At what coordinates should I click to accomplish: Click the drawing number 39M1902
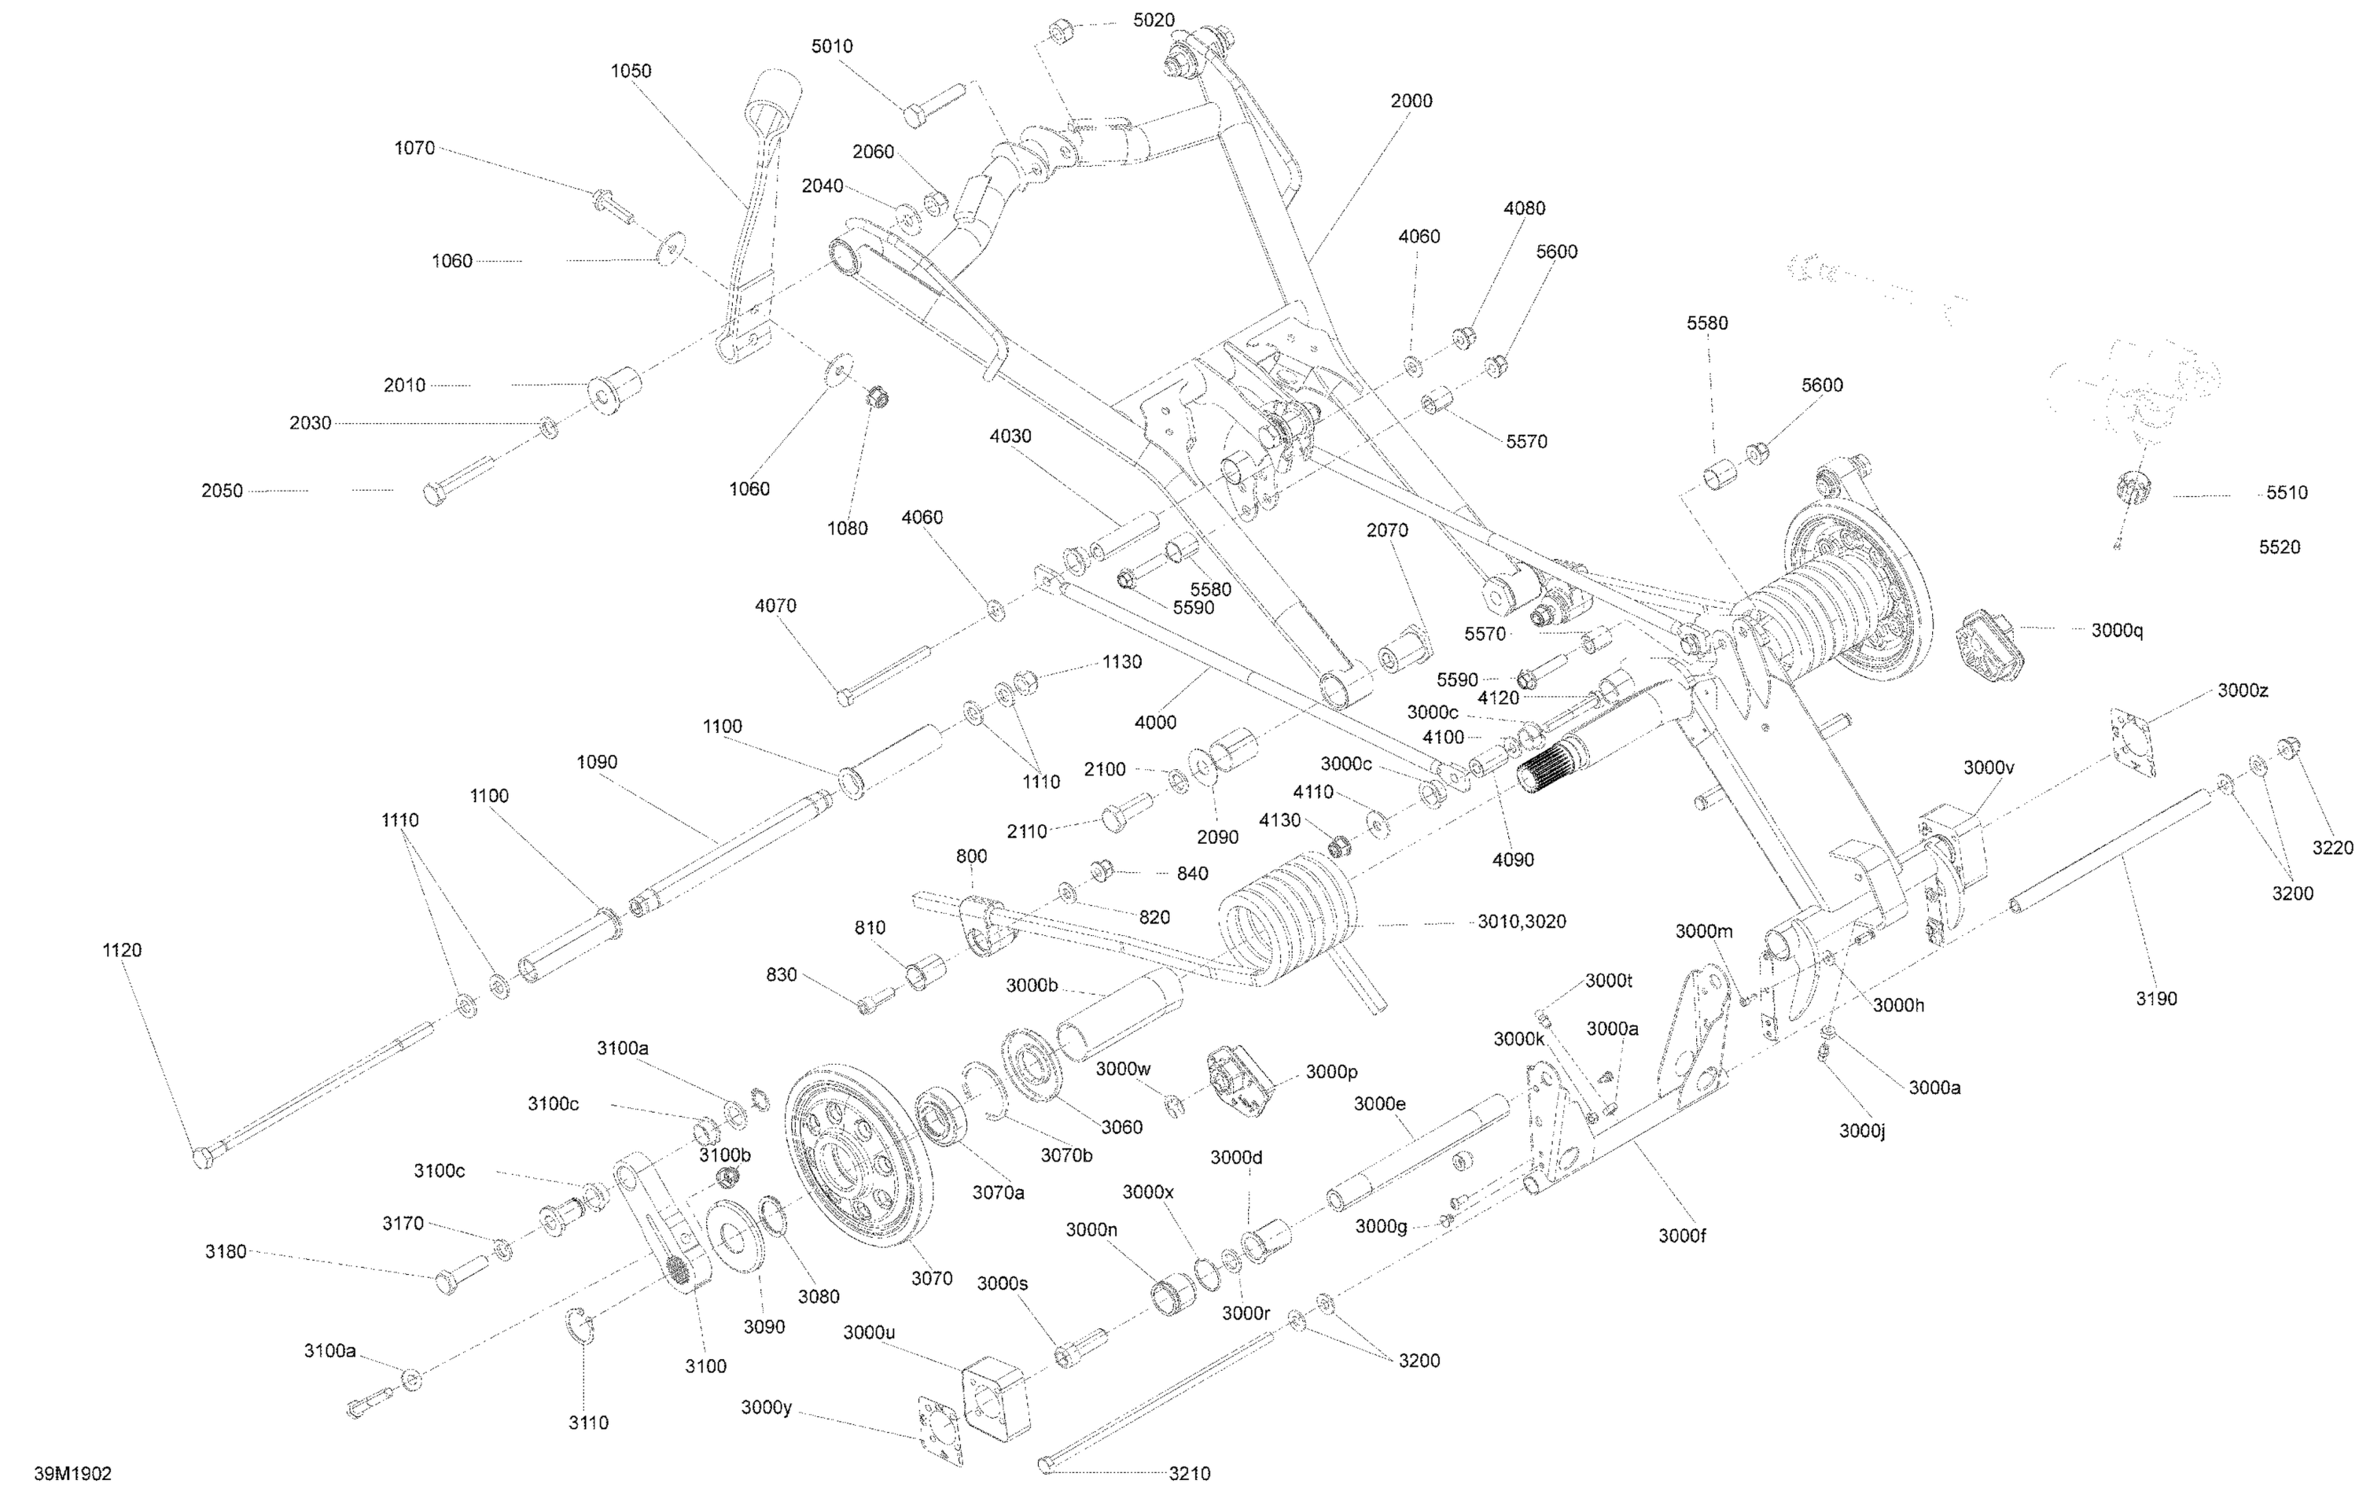click(72, 1474)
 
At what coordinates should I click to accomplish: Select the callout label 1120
click(121, 950)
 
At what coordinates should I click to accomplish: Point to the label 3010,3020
click(1522, 922)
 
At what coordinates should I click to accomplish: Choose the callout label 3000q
click(2117, 631)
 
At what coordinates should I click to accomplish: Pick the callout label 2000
click(1411, 101)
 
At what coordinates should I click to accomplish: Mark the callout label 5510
click(2287, 493)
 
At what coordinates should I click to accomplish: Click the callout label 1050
click(631, 72)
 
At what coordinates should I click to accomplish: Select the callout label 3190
click(2156, 1000)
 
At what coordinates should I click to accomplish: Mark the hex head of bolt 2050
click(434, 493)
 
